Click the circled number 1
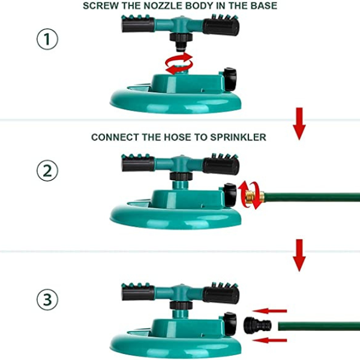click(47, 39)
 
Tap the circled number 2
click(47, 170)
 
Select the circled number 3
click(47, 300)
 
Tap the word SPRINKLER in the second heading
click(238, 137)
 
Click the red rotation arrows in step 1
click(179, 64)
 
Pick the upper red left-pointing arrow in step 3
click(269, 311)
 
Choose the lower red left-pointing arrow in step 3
click(269, 340)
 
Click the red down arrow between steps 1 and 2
click(299, 124)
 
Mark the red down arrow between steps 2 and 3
click(299, 256)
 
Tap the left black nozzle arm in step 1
click(138, 25)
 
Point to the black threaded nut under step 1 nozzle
click(181, 37)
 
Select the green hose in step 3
click(319, 326)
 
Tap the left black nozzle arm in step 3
click(138, 293)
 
